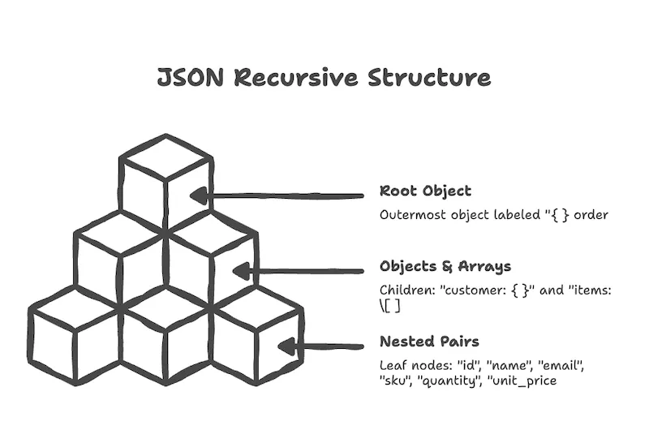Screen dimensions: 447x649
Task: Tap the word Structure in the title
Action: (429, 78)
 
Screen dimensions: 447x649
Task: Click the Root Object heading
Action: (425, 191)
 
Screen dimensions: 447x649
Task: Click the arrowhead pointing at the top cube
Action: (200, 196)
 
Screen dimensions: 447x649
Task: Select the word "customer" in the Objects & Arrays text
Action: (471, 290)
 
